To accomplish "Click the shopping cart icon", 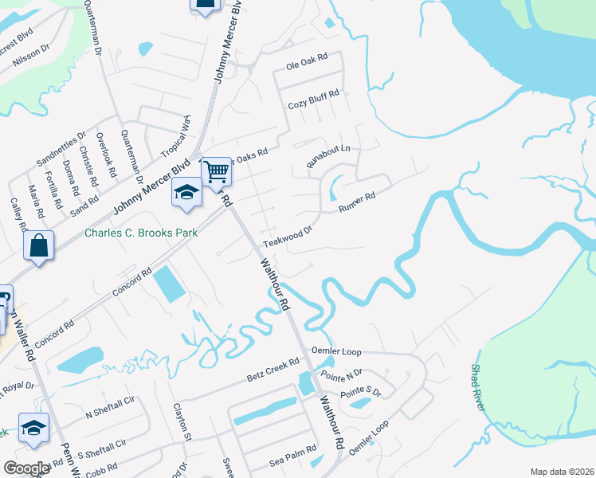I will coord(216,171).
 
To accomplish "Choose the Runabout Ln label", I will coord(329,156).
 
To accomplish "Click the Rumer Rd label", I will coord(356,199).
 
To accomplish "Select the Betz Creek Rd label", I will coord(273,369).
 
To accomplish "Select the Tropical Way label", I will coord(176,135).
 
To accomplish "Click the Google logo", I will coord(26,468).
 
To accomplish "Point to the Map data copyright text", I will coord(562,472).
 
